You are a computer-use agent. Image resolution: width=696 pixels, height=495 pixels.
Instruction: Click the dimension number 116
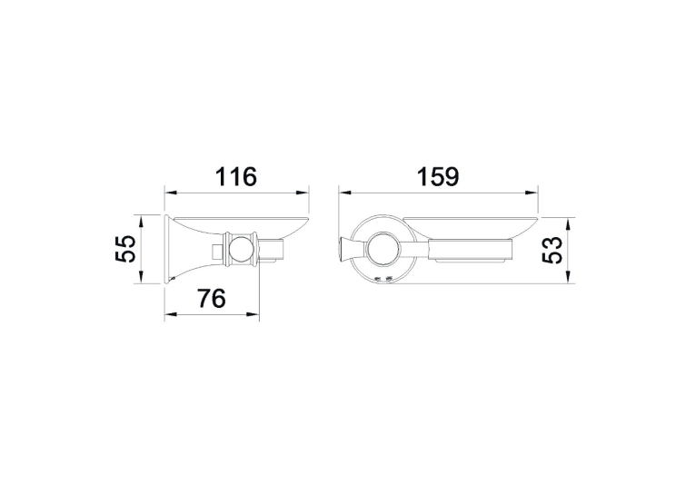(x=235, y=177)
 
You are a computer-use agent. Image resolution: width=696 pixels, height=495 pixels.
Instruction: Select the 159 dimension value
(x=438, y=177)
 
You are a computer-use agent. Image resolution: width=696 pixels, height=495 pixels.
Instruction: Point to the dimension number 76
(x=212, y=299)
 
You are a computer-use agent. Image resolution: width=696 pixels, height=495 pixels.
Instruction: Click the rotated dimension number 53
(x=552, y=250)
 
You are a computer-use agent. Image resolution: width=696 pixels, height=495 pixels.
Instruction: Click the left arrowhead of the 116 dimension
(x=172, y=193)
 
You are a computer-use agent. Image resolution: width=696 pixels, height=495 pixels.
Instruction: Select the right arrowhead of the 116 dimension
(x=303, y=193)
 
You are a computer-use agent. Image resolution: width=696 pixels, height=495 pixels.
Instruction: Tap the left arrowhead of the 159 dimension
(x=345, y=193)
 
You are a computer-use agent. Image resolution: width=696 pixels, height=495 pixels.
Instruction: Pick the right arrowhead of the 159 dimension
(x=532, y=193)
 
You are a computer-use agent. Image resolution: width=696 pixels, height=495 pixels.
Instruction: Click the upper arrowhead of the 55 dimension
(x=141, y=222)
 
